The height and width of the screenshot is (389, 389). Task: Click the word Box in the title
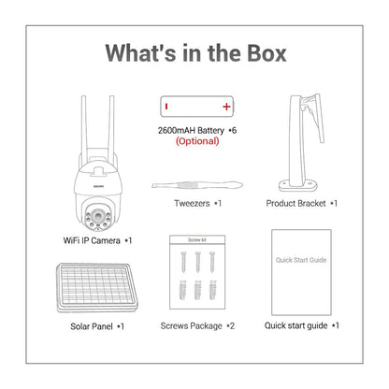[x=267, y=53]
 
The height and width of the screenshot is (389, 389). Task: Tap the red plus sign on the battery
[x=226, y=107]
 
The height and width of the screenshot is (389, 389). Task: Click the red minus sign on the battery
[x=166, y=107]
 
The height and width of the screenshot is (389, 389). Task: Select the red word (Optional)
[x=197, y=141]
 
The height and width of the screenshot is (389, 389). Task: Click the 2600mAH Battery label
[x=191, y=130]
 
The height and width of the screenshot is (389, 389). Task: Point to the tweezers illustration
[x=197, y=185]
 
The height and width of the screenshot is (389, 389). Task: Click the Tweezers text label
[x=192, y=203]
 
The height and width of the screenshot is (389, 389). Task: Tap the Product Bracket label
[x=295, y=203]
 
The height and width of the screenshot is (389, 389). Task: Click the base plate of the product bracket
[x=298, y=185]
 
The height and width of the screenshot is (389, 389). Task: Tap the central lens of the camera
[x=98, y=215]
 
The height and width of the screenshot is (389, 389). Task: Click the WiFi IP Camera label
[x=92, y=240]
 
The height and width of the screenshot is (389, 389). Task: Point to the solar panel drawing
[x=96, y=288]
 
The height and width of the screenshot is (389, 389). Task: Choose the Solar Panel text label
[x=92, y=326]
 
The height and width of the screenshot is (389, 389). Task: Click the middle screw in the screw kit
[x=197, y=262]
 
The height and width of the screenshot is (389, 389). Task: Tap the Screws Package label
[x=191, y=326]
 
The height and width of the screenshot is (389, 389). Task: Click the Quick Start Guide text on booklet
[x=301, y=260]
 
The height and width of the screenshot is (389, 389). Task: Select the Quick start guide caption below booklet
[x=295, y=325]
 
